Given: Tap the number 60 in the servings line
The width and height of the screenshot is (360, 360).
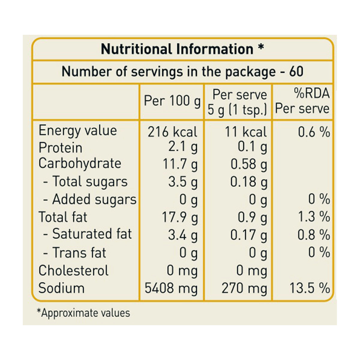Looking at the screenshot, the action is [296, 72].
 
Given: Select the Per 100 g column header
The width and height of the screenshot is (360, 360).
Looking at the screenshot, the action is [172, 101].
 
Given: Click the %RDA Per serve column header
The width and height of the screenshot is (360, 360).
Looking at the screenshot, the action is [302, 101].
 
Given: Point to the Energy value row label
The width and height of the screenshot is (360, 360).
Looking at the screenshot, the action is [78, 130].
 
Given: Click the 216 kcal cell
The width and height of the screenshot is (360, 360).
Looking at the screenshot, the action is [172, 132].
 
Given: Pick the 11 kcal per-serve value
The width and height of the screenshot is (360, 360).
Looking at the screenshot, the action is [246, 132].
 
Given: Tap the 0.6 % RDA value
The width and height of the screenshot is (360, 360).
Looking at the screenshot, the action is [314, 132].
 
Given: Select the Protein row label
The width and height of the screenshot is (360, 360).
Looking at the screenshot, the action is [60, 148].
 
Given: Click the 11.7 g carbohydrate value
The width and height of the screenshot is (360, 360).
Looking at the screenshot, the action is [180, 165].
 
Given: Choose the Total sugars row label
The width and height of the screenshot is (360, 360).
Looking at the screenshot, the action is [85, 181].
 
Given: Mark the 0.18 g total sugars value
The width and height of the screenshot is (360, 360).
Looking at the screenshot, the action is [249, 182].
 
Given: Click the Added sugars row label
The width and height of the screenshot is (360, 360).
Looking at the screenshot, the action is [90, 199].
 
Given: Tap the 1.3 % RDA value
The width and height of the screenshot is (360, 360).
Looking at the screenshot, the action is [314, 217].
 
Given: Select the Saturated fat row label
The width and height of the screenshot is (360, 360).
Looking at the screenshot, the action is [87, 234].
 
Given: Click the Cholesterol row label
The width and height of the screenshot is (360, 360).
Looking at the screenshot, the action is [73, 270].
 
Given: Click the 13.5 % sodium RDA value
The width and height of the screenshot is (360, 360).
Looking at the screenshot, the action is [310, 288].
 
